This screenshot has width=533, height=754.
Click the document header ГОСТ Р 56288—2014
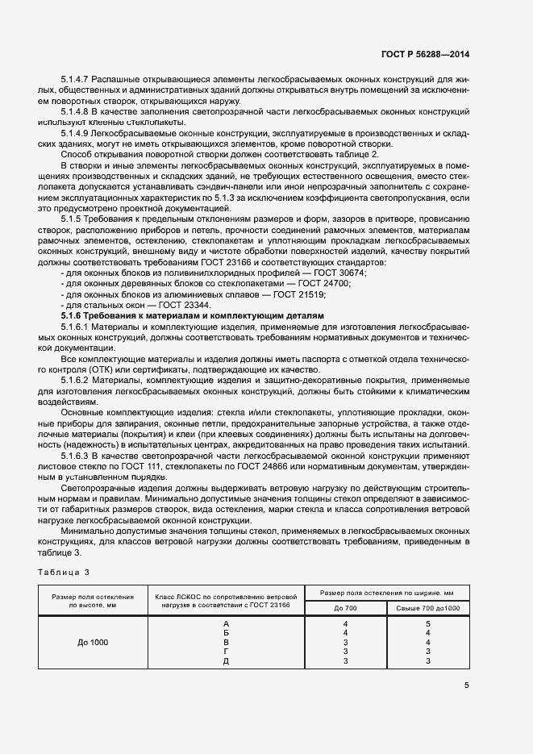click(424, 54)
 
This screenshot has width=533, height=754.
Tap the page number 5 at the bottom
click(466, 685)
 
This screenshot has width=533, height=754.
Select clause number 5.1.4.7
click(75, 80)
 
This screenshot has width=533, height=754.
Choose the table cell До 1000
click(93, 642)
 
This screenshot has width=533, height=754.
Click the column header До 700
click(345, 607)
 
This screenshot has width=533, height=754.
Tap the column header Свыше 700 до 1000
click(428, 607)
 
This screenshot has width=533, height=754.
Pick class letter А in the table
click(226, 623)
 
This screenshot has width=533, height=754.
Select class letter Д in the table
click(226, 660)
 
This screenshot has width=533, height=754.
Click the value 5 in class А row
click(428, 623)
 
